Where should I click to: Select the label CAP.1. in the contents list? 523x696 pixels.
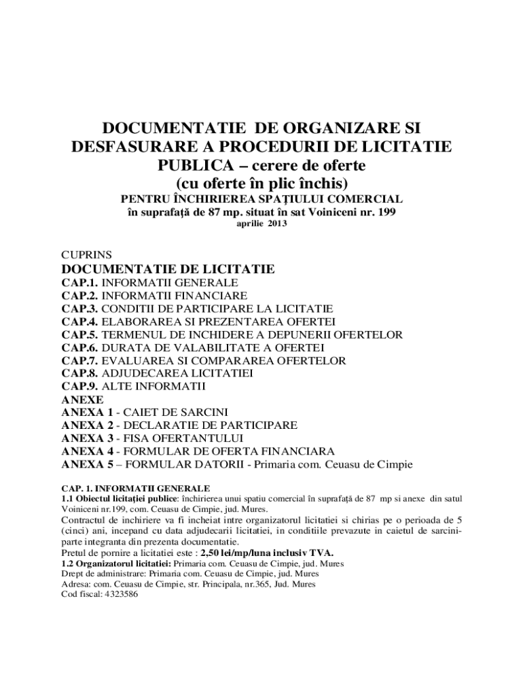(x=80, y=282)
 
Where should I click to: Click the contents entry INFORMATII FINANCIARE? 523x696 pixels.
(x=175, y=296)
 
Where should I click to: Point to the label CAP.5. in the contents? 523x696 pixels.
(x=80, y=334)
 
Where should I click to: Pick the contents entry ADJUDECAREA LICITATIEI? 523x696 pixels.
(x=177, y=373)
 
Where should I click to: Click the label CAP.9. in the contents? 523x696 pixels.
(x=80, y=386)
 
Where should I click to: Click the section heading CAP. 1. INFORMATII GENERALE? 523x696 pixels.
(x=136, y=488)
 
